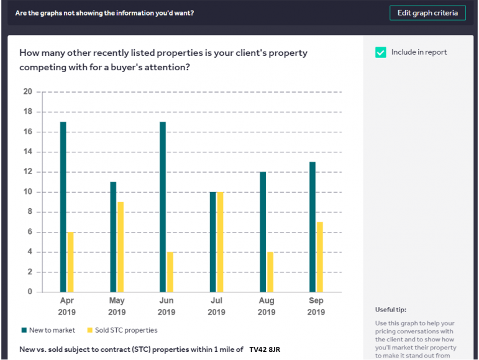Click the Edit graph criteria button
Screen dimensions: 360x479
point(427,13)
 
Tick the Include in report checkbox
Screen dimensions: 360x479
point(381,53)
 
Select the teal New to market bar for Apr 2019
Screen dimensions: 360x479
point(63,206)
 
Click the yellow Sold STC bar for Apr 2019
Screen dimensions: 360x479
point(70,261)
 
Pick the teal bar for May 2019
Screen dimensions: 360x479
point(113,236)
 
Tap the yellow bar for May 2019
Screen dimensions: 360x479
point(121,246)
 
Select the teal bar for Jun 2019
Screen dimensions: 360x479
point(163,206)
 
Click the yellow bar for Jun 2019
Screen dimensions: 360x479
point(170,271)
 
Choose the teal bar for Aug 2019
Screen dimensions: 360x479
point(263,231)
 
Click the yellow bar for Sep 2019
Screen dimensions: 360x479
point(320,256)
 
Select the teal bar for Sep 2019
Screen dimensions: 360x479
point(312,226)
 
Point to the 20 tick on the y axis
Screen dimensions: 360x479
point(27,92)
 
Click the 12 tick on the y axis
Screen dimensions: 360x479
point(27,172)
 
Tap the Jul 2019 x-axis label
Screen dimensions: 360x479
point(216,306)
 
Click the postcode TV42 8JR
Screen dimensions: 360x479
point(265,349)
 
